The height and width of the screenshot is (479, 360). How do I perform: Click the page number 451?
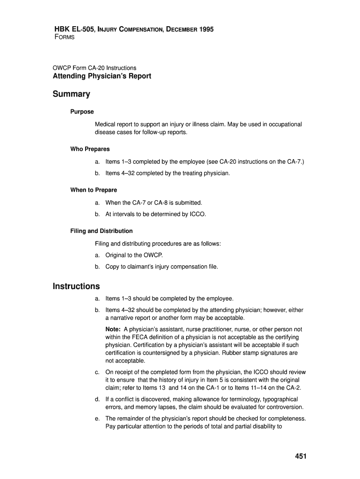click(300, 457)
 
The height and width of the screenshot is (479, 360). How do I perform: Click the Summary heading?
click(71, 94)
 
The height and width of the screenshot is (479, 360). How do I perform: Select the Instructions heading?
click(76, 286)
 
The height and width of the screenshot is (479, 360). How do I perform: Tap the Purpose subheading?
click(82, 112)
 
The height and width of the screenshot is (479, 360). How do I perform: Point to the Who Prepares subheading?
click(90, 149)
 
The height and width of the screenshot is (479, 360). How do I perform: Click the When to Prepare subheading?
click(94, 190)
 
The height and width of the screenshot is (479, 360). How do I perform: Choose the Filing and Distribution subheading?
click(101, 231)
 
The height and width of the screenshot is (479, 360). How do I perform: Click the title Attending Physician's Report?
click(102, 76)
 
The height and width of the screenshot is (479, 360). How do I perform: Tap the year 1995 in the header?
click(206, 29)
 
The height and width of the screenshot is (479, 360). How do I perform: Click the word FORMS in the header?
click(65, 37)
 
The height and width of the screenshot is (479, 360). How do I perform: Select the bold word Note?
click(113, 329)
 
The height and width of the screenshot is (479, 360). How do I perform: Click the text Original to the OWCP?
click(134, 255)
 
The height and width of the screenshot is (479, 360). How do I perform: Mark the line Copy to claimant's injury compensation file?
click(162, 267)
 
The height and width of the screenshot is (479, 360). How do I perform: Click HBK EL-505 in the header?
click(72, 29)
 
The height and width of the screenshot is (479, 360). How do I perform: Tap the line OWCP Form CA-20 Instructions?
click(94, 68)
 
